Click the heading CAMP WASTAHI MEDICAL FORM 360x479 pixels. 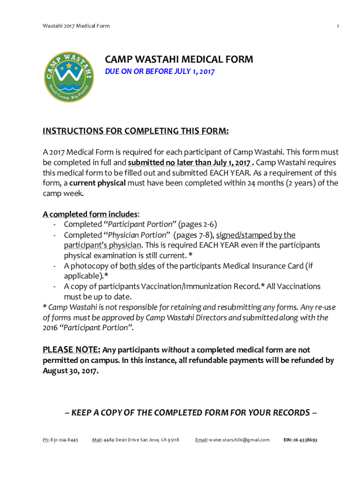click(x=179, y=60)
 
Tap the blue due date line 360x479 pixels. click(x=159, y=73)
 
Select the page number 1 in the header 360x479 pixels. click(x=337, y=26)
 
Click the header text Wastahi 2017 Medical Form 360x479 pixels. click(x=76, y=26)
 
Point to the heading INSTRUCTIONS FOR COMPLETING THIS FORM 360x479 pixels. click(x=136, y=131)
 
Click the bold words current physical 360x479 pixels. click(x=98, y=183)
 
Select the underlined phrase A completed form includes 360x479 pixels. click(x=90, y=214)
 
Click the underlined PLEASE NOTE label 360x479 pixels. click(x=71, y=350)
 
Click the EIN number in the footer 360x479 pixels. click(x=301, y=440)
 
